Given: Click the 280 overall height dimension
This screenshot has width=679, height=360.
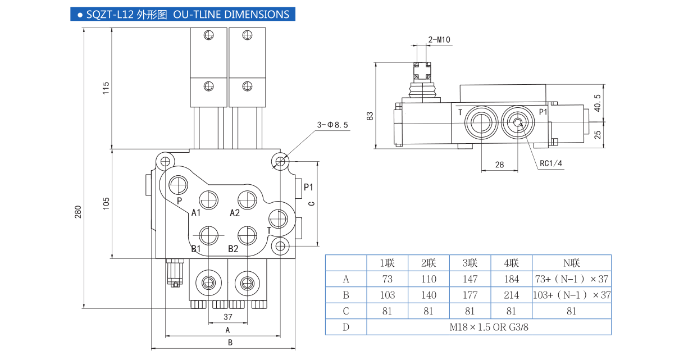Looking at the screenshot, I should click(79, 212).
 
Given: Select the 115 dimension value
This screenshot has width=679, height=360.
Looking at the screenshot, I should click(106, 88).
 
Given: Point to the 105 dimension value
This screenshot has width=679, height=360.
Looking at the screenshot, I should click(106, 204).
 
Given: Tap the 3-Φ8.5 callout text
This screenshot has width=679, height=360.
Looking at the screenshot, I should click(332, 125).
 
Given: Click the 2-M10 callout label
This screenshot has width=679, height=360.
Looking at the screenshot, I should click(439, 39).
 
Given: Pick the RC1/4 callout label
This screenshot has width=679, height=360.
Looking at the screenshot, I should click(550, 163).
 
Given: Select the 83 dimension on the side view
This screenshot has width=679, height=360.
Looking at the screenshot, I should click(370, 116).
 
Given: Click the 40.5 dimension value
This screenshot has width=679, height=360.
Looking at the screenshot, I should click(598, 103).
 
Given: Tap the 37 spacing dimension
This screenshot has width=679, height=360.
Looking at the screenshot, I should click(227, 317).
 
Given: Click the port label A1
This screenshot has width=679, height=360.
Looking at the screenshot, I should click(196, 212).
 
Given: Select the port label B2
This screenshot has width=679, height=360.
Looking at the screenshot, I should click(233, 249).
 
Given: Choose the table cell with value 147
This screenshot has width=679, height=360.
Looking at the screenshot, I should click(470, 279).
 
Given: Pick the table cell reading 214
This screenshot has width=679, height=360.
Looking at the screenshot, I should click(511, 295).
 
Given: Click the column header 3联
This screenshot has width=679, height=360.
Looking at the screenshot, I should click(470, 263).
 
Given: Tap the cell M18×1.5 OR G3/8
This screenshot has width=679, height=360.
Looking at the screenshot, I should click(489, 327).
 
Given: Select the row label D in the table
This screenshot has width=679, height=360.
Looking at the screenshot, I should click(346, 327).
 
